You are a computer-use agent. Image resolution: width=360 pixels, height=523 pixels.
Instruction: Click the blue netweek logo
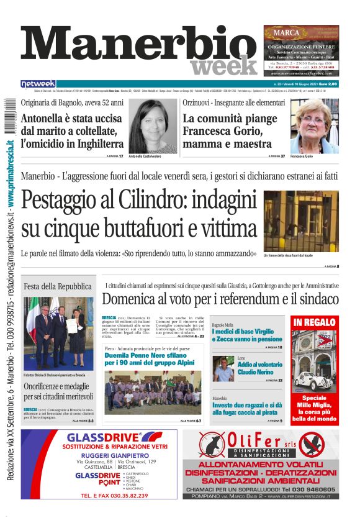click(38, 83)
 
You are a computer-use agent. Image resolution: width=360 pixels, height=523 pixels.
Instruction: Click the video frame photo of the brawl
click(300, 220)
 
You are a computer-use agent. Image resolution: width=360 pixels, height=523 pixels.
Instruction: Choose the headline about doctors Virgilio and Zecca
click(247, 335)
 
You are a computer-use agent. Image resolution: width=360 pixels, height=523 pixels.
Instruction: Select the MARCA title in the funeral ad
click(287, 32)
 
